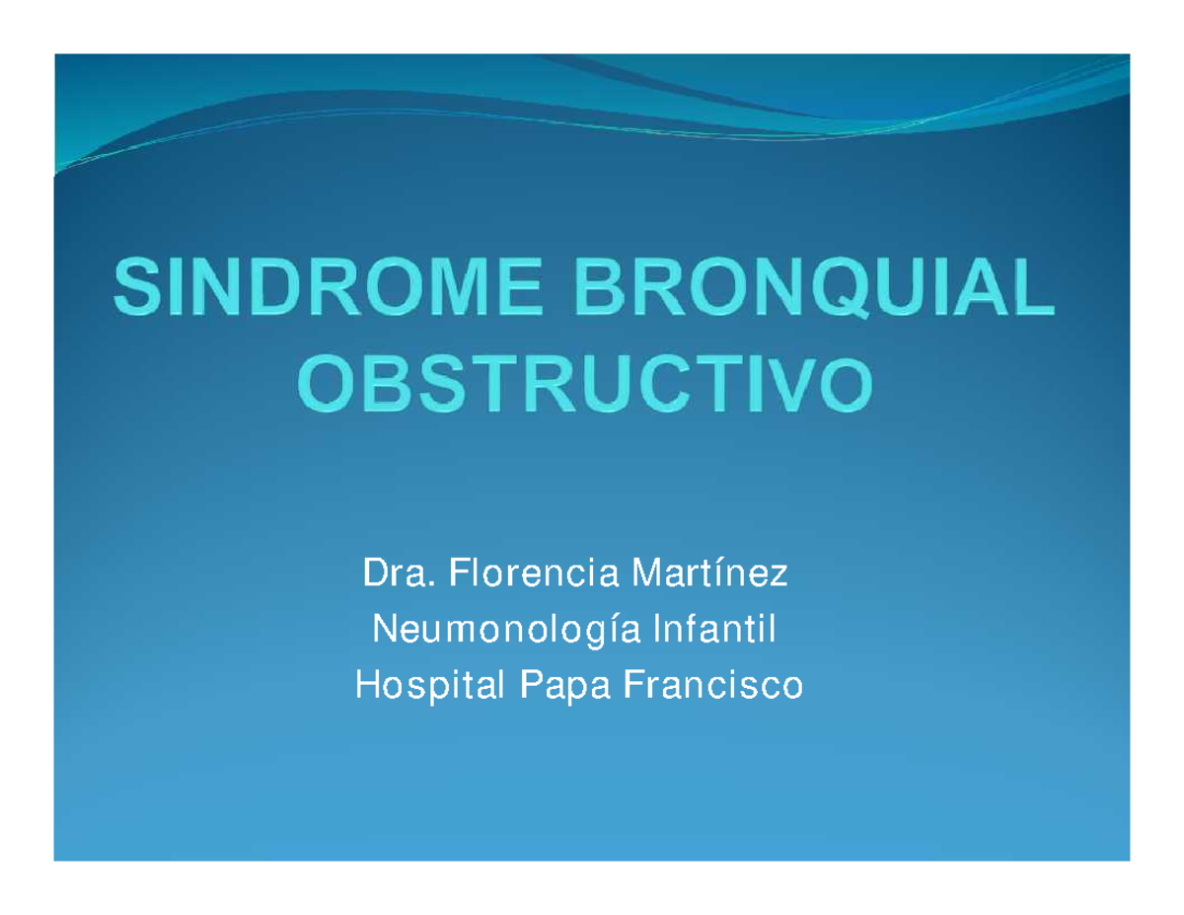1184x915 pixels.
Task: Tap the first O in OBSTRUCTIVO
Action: pyautogui.click(x=333, y=385)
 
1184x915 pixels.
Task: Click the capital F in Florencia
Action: pyautogui.click(x=459, y=572)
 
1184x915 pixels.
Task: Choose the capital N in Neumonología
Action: pyautogui.click(x=379, y=628)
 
